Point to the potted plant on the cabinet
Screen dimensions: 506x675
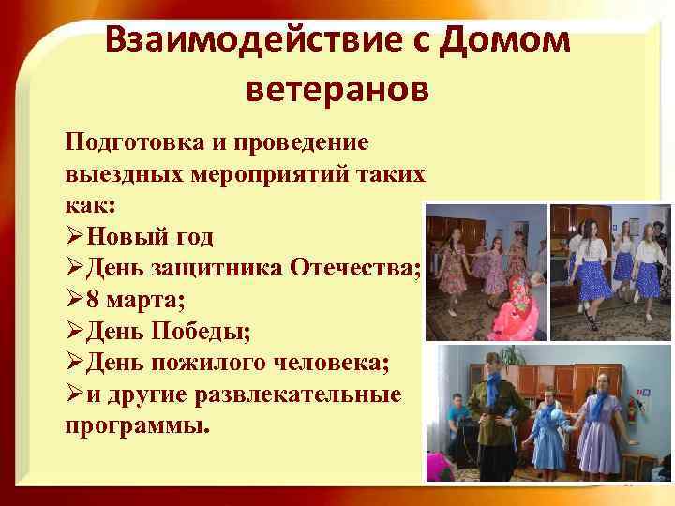click(512, 357)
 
